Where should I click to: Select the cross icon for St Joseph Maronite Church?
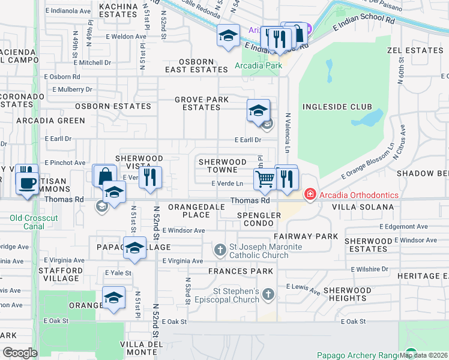pyautogui.click(x=220, y=249)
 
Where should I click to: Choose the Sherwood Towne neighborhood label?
pyautogui.click(x=223, y=166)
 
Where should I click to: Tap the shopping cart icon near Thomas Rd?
pyautogui.click(x=264, y=178)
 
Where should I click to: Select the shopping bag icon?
pyautogui.click(x=105, y=176)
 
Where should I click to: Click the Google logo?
pyautogui.click(x=20, y=352)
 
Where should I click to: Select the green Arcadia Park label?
pyautogui.click(x=258, y=65)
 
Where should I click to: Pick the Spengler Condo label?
pyautogui.click(x=259, y=219)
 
